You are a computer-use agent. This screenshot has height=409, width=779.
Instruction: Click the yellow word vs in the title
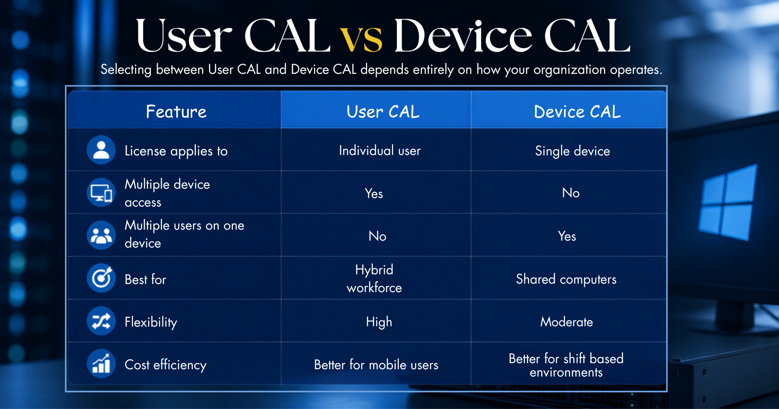click(361, 39)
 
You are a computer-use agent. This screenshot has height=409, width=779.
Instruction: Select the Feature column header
click(176, 112)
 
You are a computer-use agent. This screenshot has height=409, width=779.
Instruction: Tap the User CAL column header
click(383, 112)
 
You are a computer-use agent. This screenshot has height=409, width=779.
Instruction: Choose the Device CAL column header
click(577, 112)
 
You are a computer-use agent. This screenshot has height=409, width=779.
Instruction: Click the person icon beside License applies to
click(101, 150)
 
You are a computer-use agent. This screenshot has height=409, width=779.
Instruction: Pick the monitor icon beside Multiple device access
click(101, 192)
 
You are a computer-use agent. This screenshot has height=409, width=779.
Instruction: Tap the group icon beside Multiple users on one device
click(101, 235)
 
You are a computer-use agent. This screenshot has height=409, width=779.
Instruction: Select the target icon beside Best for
click(101, 278)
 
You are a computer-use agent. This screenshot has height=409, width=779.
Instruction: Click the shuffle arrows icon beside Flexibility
click(101, 321)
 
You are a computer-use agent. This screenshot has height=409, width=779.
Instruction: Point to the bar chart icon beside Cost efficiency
click(101, 364)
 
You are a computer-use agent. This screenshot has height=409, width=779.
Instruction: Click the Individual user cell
click(380, 151)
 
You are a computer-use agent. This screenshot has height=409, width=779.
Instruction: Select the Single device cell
click(572, 151)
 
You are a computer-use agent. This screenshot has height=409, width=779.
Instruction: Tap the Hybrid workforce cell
click(374, 278)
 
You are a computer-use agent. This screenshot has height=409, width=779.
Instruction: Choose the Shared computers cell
click(566, 279)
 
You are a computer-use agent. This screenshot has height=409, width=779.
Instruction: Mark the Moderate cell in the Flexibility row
click(566, 322)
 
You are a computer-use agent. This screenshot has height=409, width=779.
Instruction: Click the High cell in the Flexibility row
click(379, 322)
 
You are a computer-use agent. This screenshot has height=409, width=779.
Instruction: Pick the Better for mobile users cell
click(376, 365)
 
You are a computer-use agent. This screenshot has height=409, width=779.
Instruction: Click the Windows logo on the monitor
click(727, 202)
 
